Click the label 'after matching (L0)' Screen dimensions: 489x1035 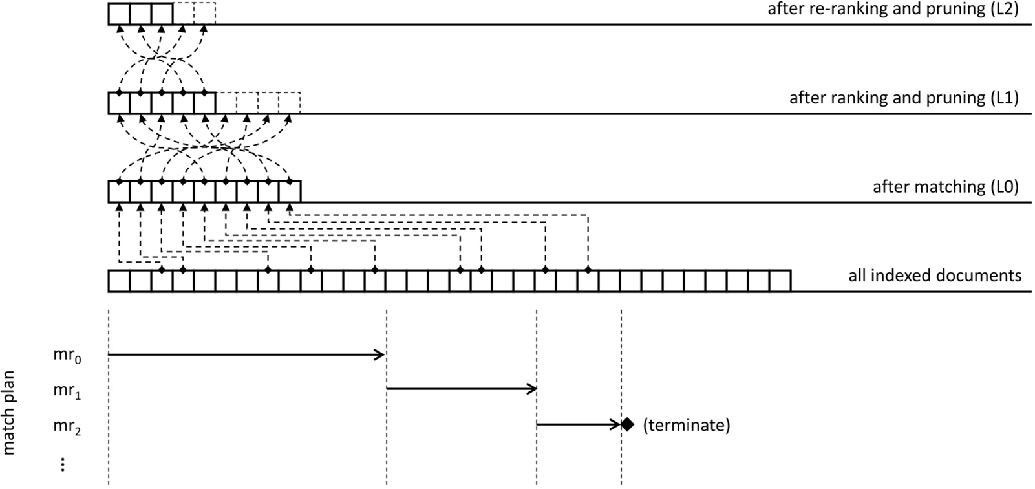tap(945, 188)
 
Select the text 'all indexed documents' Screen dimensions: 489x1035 tap(934, 276)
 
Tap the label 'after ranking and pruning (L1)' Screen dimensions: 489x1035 tap(903, 98)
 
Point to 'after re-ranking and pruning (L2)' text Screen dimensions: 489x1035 tap(893, 10)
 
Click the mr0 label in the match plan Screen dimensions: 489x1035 tap(67, 356)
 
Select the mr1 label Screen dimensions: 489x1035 tap(67, 391)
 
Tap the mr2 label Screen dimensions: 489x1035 tap(67, 426)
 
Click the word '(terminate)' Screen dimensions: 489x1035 tap(686, 426)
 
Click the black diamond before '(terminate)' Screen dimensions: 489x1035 tap(626, 425)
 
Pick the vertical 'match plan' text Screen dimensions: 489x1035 tap(9, 413)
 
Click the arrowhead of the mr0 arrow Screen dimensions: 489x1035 tap(380, 354)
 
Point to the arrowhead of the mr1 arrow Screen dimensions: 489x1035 tap(532, 389)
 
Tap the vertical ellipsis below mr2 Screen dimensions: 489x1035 tap(63, 464)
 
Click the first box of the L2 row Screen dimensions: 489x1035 tap(119, 14)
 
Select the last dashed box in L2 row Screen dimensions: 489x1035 tap(204, 14)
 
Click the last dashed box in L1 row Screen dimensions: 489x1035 tap(290, 103)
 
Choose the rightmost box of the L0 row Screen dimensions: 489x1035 tap(290, 192)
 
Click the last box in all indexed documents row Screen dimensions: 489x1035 tap(780, 281)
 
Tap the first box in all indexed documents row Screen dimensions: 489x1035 tap(119, 281)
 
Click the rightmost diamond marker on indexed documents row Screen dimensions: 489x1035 tap(588, 269)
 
